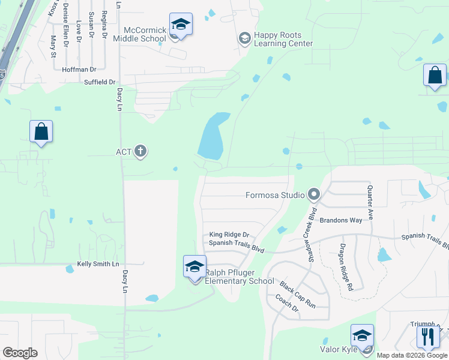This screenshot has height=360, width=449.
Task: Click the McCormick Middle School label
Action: coord(144,34)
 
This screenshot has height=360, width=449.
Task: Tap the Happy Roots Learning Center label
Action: coord(283,40)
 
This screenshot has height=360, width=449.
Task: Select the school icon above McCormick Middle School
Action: coord(181,25)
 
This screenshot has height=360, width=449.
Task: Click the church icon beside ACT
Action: coord(140,151)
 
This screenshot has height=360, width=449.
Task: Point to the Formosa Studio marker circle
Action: coord(313,194)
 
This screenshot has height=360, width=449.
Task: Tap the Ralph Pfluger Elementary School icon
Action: coord(194,266)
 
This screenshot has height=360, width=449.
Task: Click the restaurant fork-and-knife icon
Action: coord(428,336)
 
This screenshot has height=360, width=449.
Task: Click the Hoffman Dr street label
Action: coord(79,70)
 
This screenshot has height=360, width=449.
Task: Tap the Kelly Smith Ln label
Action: coord(98,264)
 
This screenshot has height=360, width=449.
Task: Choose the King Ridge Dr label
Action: coord(229,235)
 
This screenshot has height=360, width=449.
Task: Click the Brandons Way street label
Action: coord(340,220)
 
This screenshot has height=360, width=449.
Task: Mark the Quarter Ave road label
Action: coord(370,203)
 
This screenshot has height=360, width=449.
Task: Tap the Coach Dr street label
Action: coord(287,303)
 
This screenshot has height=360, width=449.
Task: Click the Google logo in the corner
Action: coord(19,353)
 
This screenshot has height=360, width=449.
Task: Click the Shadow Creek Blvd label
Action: coord(311,232)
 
